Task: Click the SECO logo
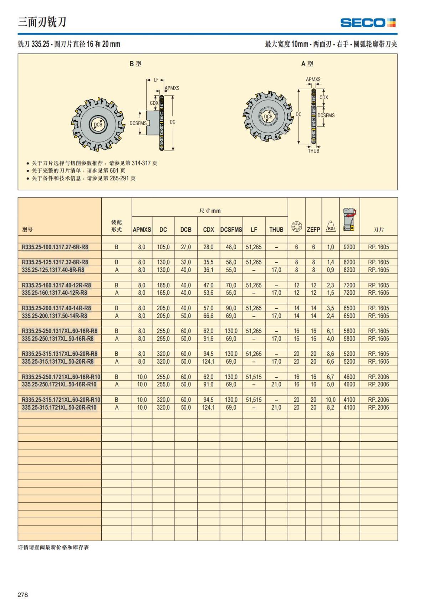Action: pos(368,23)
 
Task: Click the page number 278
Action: pos(22,595)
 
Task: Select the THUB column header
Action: pos(276,230)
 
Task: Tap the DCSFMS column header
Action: pos(231,230)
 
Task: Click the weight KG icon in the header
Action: pos(331,226)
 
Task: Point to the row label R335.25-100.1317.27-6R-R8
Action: pos(55,247)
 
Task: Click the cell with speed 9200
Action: pos(349,247)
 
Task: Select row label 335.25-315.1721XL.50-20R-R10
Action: pos(59,407)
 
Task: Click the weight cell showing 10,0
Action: pos(330,400)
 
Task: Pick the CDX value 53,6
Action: pos(208,293)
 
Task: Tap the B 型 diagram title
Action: pos(136,64)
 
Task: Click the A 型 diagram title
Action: pos(307,64)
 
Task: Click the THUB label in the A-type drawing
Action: pos(314,151)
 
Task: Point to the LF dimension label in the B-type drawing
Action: pos(156,80)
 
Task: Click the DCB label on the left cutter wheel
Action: pos(98,124)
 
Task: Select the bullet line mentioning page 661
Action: pos(78,171)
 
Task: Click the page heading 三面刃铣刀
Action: pos(42,22)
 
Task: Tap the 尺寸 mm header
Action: pos(210,211)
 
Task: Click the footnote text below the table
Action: pos(53,547)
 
